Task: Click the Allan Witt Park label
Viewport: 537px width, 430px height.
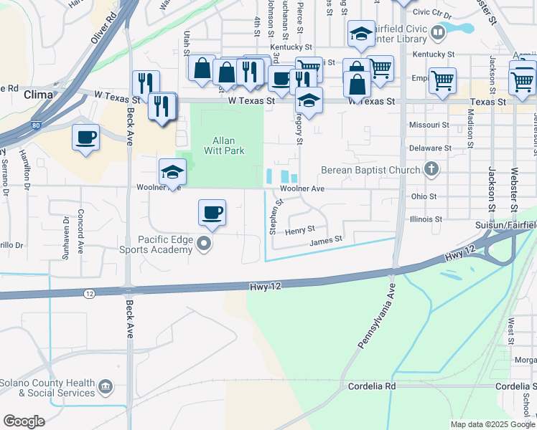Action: (x=228, y=145)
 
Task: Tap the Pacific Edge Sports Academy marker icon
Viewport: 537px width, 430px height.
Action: (x=205, y=244)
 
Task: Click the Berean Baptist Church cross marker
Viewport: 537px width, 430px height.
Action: (x=431, y=170)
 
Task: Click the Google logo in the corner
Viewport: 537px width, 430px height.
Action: (x=24, y=421)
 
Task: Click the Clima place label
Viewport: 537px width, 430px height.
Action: (x=38, y=95)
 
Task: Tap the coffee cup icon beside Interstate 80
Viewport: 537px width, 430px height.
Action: (x=86, y=136)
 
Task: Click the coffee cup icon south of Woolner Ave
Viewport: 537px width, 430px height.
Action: (x=212, y=213)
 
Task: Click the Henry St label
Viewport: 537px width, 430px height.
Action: (x=299, y=230)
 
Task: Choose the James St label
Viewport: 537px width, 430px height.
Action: (x=326, y=242)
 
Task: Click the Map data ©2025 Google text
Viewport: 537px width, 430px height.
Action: (x=492, y=424)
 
